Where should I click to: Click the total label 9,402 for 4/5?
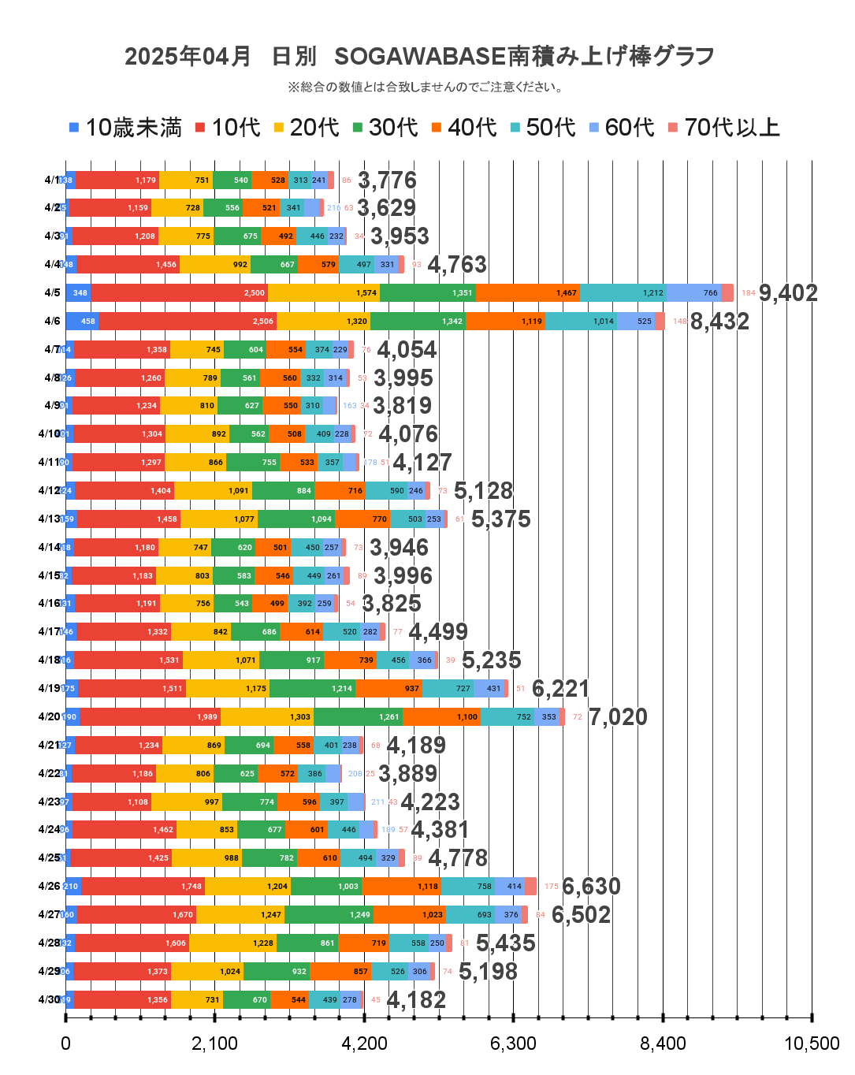pos(787,293)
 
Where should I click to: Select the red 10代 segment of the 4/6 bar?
pos(188,321)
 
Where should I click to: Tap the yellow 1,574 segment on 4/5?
pos(323,292)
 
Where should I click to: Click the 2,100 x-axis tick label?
pos(214,1043)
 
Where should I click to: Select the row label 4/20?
pos(49,716)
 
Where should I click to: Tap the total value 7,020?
pos(618,717)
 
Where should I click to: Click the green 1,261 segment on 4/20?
pos(358,716)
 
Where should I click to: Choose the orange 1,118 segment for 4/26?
pos(401,886)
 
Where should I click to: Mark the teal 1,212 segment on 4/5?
pos(622,292)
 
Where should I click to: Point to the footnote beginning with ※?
pos(426,87)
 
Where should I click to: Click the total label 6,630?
pos(591,887)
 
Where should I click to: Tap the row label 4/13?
pos(49,519)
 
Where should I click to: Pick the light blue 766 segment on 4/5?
pos(693,292)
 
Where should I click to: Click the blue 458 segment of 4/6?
pos(82,321)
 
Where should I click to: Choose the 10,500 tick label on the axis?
pos(811,1043)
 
